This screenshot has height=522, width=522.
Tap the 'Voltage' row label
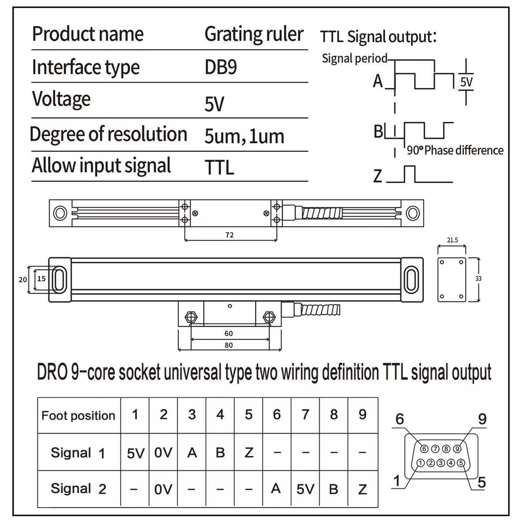(x=61, y=99)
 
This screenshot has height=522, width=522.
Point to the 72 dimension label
(x=229, y=235)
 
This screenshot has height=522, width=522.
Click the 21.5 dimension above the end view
(x=452, y=240)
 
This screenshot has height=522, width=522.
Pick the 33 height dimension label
(x=478, y=278)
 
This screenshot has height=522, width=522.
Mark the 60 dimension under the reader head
(x=229, y=334)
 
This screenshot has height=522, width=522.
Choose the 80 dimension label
(x=229, y=345)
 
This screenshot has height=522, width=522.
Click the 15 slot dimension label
(x=41, y=278)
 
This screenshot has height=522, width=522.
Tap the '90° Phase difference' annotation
(x=455, y=151)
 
